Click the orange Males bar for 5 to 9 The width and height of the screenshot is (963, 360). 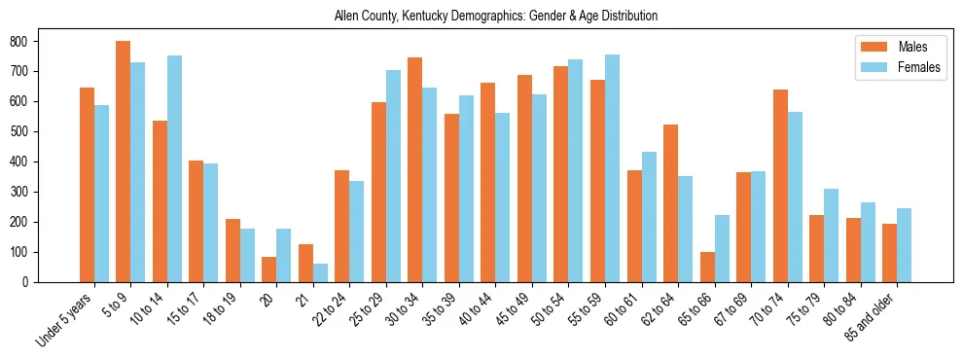[124, 162]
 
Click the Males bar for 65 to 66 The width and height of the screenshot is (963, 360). [707, 267]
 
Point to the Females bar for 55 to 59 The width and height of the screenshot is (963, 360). [612, 168]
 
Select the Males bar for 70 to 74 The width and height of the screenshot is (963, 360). [780, 186]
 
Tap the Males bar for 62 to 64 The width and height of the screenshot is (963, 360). [670, 203]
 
